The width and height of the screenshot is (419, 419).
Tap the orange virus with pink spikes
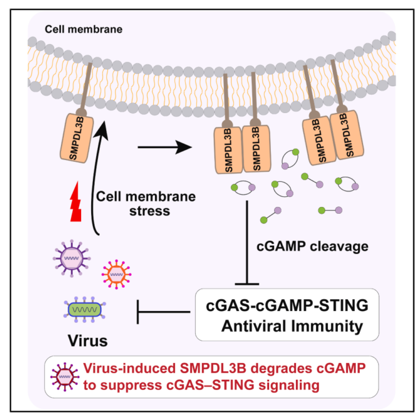click(x=114, y=273)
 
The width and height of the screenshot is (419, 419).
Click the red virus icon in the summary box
click(x=64, y=376)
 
